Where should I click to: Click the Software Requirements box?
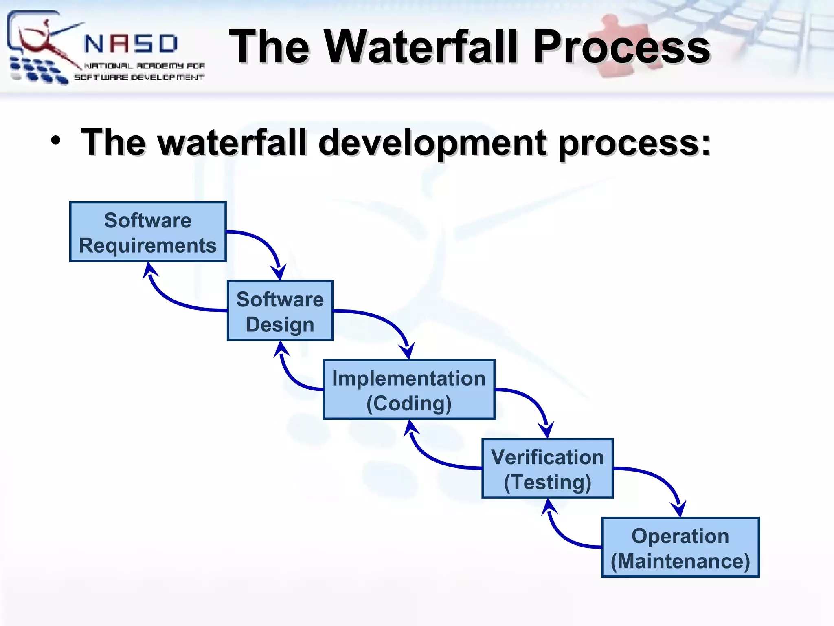[x=148, y=232]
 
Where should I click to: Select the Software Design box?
[x=280, y=311]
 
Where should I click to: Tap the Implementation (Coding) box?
[x=409, y=390]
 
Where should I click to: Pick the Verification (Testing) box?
[x=547, y=469]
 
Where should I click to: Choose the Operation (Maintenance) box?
[x=680, y=547]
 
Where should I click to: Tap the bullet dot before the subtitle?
[x=56, y=141]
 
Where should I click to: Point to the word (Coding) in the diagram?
[x=409, y=403]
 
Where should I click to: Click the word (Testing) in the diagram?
[x=547, y=482]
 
